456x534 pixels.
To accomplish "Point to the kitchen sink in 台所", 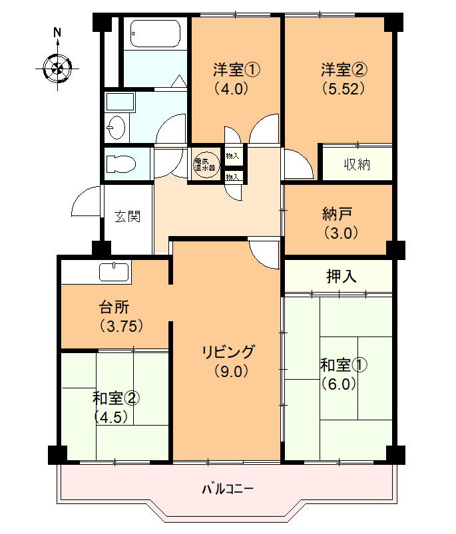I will pyautogui.click(x=114, y=272).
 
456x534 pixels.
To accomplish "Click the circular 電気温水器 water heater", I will pyautogui.click(x=206, y=164).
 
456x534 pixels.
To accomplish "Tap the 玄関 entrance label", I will pyautogui.click(x=127, y=216).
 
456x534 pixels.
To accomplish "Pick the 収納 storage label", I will pyautogui.click(x=357, y=164).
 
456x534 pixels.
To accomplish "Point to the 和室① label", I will pyautogui.click(x=343, y=365).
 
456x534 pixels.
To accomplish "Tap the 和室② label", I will pyautogui.click(x=116, y=398).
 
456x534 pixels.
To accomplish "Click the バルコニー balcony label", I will pyautogui.click(x=228, y=489).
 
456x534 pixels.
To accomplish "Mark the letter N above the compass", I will pyautogui.click(x=58, y=31).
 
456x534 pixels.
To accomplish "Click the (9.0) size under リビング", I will pyautogui.click(x=230, y=371).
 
